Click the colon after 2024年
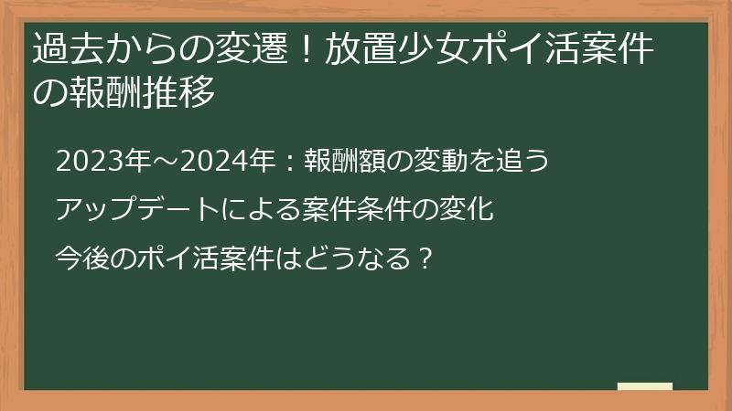[286, 163]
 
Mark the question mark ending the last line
[424, 257]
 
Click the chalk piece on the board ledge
[645, 386]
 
